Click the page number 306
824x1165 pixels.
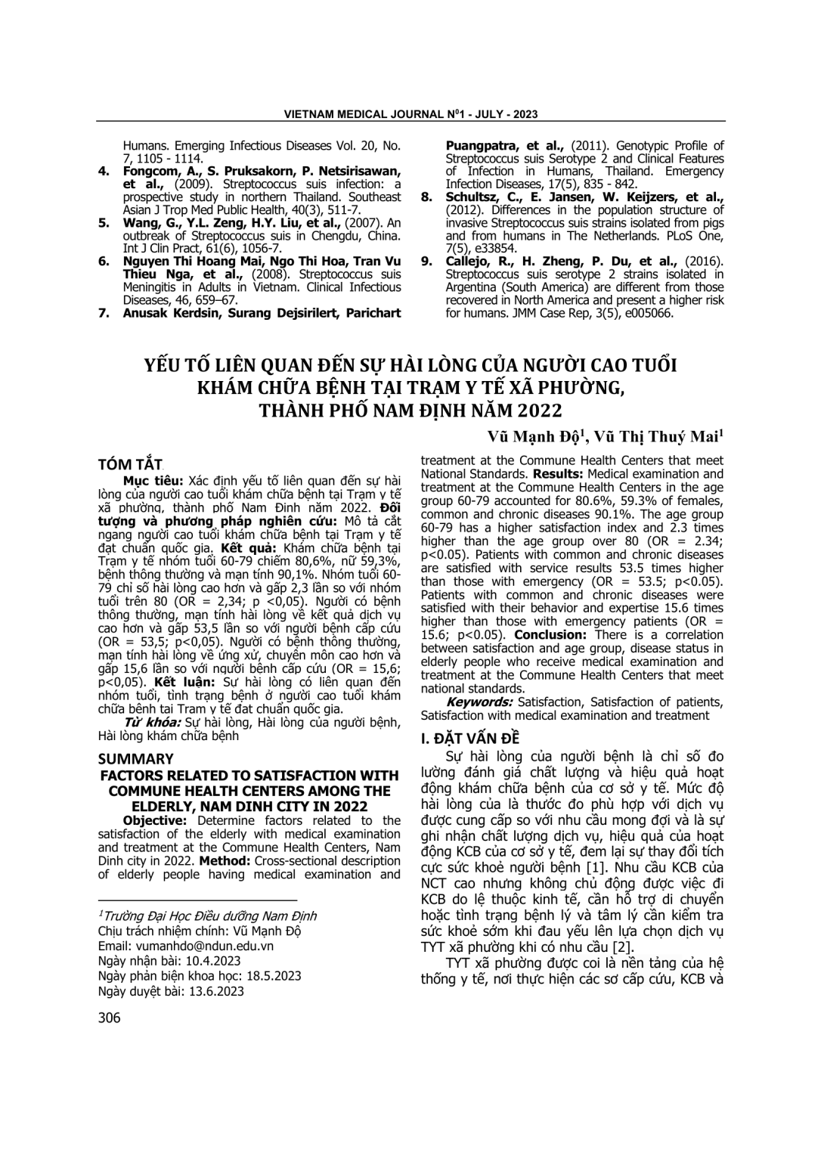[110, 1018]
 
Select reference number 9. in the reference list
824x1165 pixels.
[427, 261]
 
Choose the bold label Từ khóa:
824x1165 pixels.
[153, 722]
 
